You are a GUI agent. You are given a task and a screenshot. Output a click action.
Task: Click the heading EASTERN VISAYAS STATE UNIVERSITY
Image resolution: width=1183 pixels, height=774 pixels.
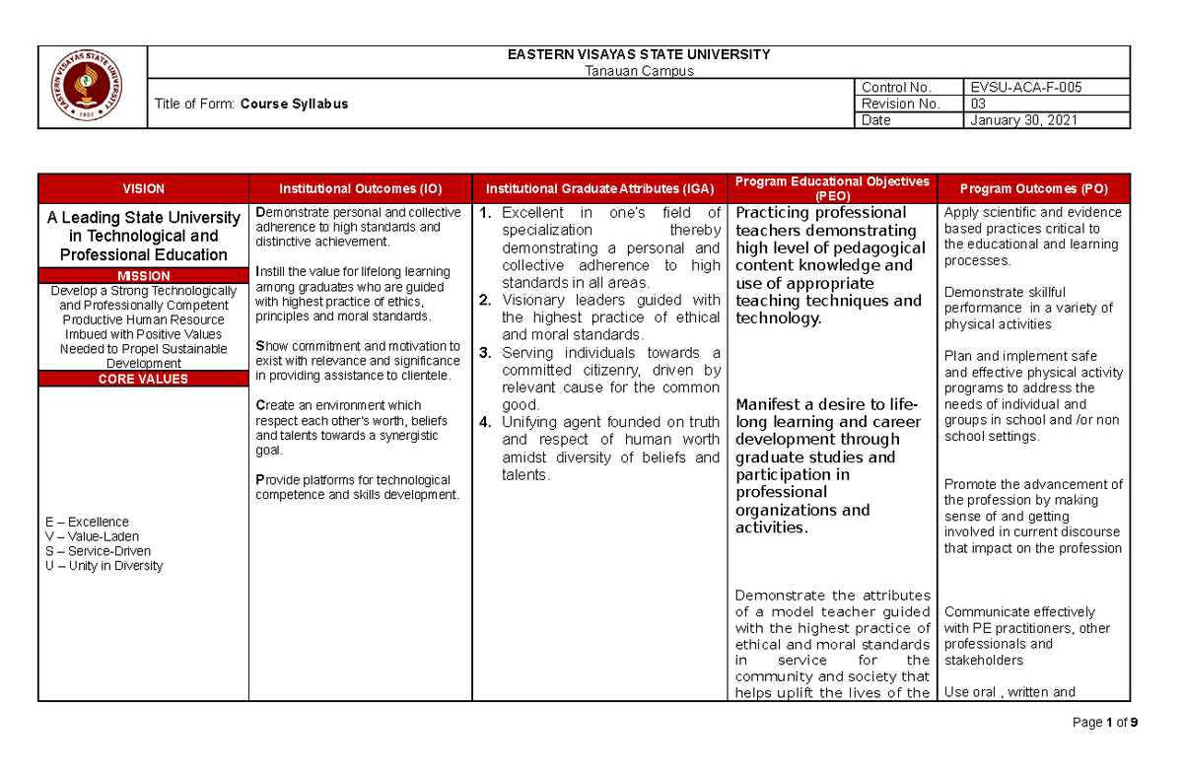coord(639,55)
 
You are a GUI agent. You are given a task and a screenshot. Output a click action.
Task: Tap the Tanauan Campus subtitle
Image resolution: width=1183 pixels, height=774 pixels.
coord(639,71)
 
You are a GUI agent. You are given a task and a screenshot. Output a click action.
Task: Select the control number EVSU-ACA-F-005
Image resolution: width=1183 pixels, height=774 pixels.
coord(1025,87)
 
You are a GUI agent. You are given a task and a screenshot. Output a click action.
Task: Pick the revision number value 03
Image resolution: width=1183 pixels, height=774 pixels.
coord(978,104)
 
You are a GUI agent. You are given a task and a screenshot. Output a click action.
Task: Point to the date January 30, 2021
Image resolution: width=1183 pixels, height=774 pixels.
coord(1023,120)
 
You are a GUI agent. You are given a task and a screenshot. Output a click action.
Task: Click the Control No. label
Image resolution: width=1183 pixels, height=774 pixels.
coord(896,87)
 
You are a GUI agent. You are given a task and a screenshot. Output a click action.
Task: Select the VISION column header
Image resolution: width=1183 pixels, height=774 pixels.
coord(143,188)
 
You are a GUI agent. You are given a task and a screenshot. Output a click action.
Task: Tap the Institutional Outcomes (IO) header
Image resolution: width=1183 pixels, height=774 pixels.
coord(360,188)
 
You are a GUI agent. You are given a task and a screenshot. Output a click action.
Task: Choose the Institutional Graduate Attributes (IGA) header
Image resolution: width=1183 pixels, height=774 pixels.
coord(599,188)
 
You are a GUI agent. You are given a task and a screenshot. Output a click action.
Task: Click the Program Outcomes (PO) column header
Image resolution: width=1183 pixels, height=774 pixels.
coord(1033,188)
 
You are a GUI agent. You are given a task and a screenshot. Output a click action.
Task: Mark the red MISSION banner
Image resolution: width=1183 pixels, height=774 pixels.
coord(143,276)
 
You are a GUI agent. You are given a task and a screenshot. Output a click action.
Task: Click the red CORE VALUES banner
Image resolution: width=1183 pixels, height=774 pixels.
coord(143,379)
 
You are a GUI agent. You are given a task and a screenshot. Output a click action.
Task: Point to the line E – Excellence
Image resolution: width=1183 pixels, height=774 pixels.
coord(86,522)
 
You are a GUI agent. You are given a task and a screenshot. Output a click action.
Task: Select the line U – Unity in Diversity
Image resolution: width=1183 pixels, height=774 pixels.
coord(104,566)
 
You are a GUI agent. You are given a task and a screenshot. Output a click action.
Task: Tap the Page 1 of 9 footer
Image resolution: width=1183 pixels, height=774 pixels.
coord(1105,723)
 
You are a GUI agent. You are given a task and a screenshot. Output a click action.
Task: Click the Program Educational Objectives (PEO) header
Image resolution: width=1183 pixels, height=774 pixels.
coord(832,188)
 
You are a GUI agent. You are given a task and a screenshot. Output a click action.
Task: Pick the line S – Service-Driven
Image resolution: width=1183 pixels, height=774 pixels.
coord(98,551)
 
